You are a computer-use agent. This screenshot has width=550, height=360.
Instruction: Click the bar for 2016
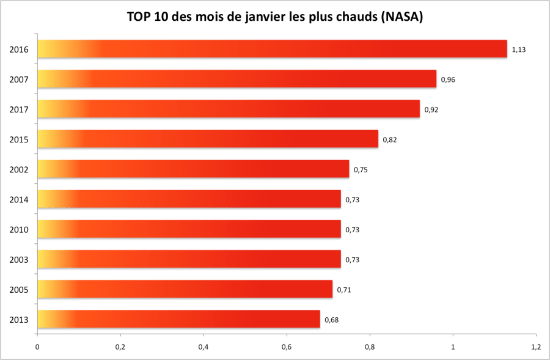(272, 49)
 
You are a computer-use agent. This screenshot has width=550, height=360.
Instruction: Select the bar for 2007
(237, 79)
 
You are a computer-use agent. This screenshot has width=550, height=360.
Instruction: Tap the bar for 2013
(178, 319)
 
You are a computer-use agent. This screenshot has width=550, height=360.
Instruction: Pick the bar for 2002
(193, 169)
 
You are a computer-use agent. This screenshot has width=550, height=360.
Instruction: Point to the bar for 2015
(208, 139)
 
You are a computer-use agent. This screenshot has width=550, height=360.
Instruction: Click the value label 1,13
(519, 50)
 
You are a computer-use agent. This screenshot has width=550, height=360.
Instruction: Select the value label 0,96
(448, 79)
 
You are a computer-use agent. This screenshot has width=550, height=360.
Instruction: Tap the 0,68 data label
(331, 320)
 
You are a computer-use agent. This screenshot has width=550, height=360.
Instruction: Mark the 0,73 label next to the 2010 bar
(352, 230)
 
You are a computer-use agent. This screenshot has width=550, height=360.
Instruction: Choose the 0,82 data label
(390, 139)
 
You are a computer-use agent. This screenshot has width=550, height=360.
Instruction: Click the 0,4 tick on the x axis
(204, 347)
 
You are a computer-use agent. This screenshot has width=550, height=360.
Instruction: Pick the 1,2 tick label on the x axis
(536, 347)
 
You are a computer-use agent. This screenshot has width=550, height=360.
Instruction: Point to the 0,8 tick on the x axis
(370, 347)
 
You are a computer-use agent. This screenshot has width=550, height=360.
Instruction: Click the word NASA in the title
(401, 17)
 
